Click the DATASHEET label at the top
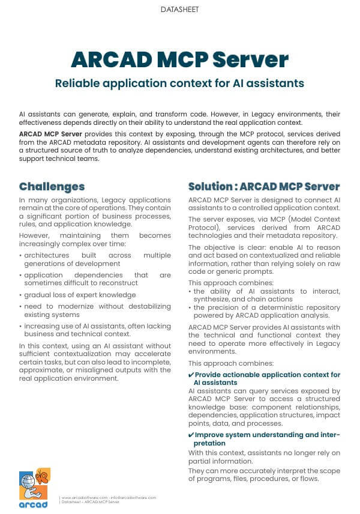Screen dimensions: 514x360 click(x=179, y=10)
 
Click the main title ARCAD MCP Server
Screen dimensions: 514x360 click(x=179, y=60)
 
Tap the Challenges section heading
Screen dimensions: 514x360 click(x=52, y=186)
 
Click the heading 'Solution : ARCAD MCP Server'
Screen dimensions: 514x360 click(x=264, y=186)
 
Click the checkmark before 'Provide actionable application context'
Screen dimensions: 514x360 click(x=191, y=375)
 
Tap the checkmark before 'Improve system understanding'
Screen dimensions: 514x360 click(x=191, y=435)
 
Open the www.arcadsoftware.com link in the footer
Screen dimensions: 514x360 click(x=82, y=498)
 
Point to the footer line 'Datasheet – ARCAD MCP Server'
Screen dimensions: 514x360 click(x=91, y=502)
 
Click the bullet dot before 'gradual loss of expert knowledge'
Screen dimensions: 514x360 click(x=21, y=295)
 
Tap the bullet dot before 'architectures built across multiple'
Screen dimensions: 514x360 click(x=21, y=255)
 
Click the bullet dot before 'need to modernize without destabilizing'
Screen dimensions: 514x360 click(x=21, y=306)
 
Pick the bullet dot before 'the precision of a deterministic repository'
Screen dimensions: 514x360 click(x=190, y=307)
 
